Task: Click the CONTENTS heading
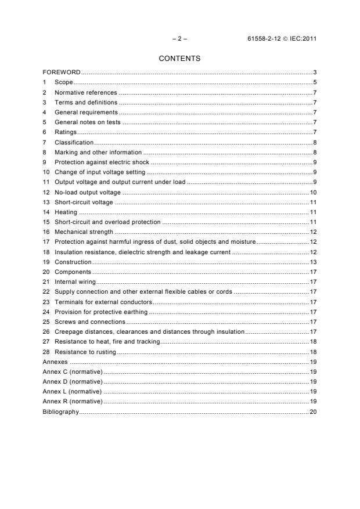point(179,59)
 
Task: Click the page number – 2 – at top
point(180,39)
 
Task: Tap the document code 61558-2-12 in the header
point(265,39)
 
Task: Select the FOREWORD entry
point(62,73)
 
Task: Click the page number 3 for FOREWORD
point(314,73)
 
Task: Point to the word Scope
point(64,82)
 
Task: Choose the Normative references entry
point(86,92)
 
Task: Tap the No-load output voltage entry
point(88,192)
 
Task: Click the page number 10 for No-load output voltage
point(312,192)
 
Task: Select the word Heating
point(66,212)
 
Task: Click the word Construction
point(73,262)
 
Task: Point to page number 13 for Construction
point(312,262)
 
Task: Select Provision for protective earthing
point(101,312)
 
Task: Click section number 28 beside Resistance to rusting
point(46,352)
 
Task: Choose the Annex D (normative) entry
point(73,381)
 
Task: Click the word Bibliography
point(60,411)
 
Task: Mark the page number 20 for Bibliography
point(312,411)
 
